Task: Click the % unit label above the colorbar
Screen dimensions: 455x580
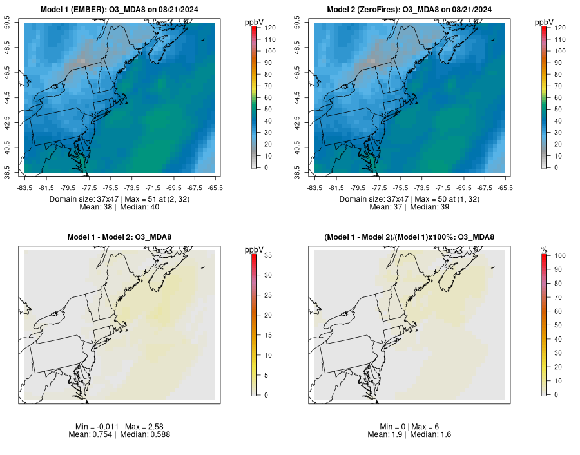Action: click(544, 249)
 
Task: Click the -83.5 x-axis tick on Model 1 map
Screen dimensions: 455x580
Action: click(24, 188)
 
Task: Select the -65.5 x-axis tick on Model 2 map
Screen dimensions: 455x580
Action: click(505, 188)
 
